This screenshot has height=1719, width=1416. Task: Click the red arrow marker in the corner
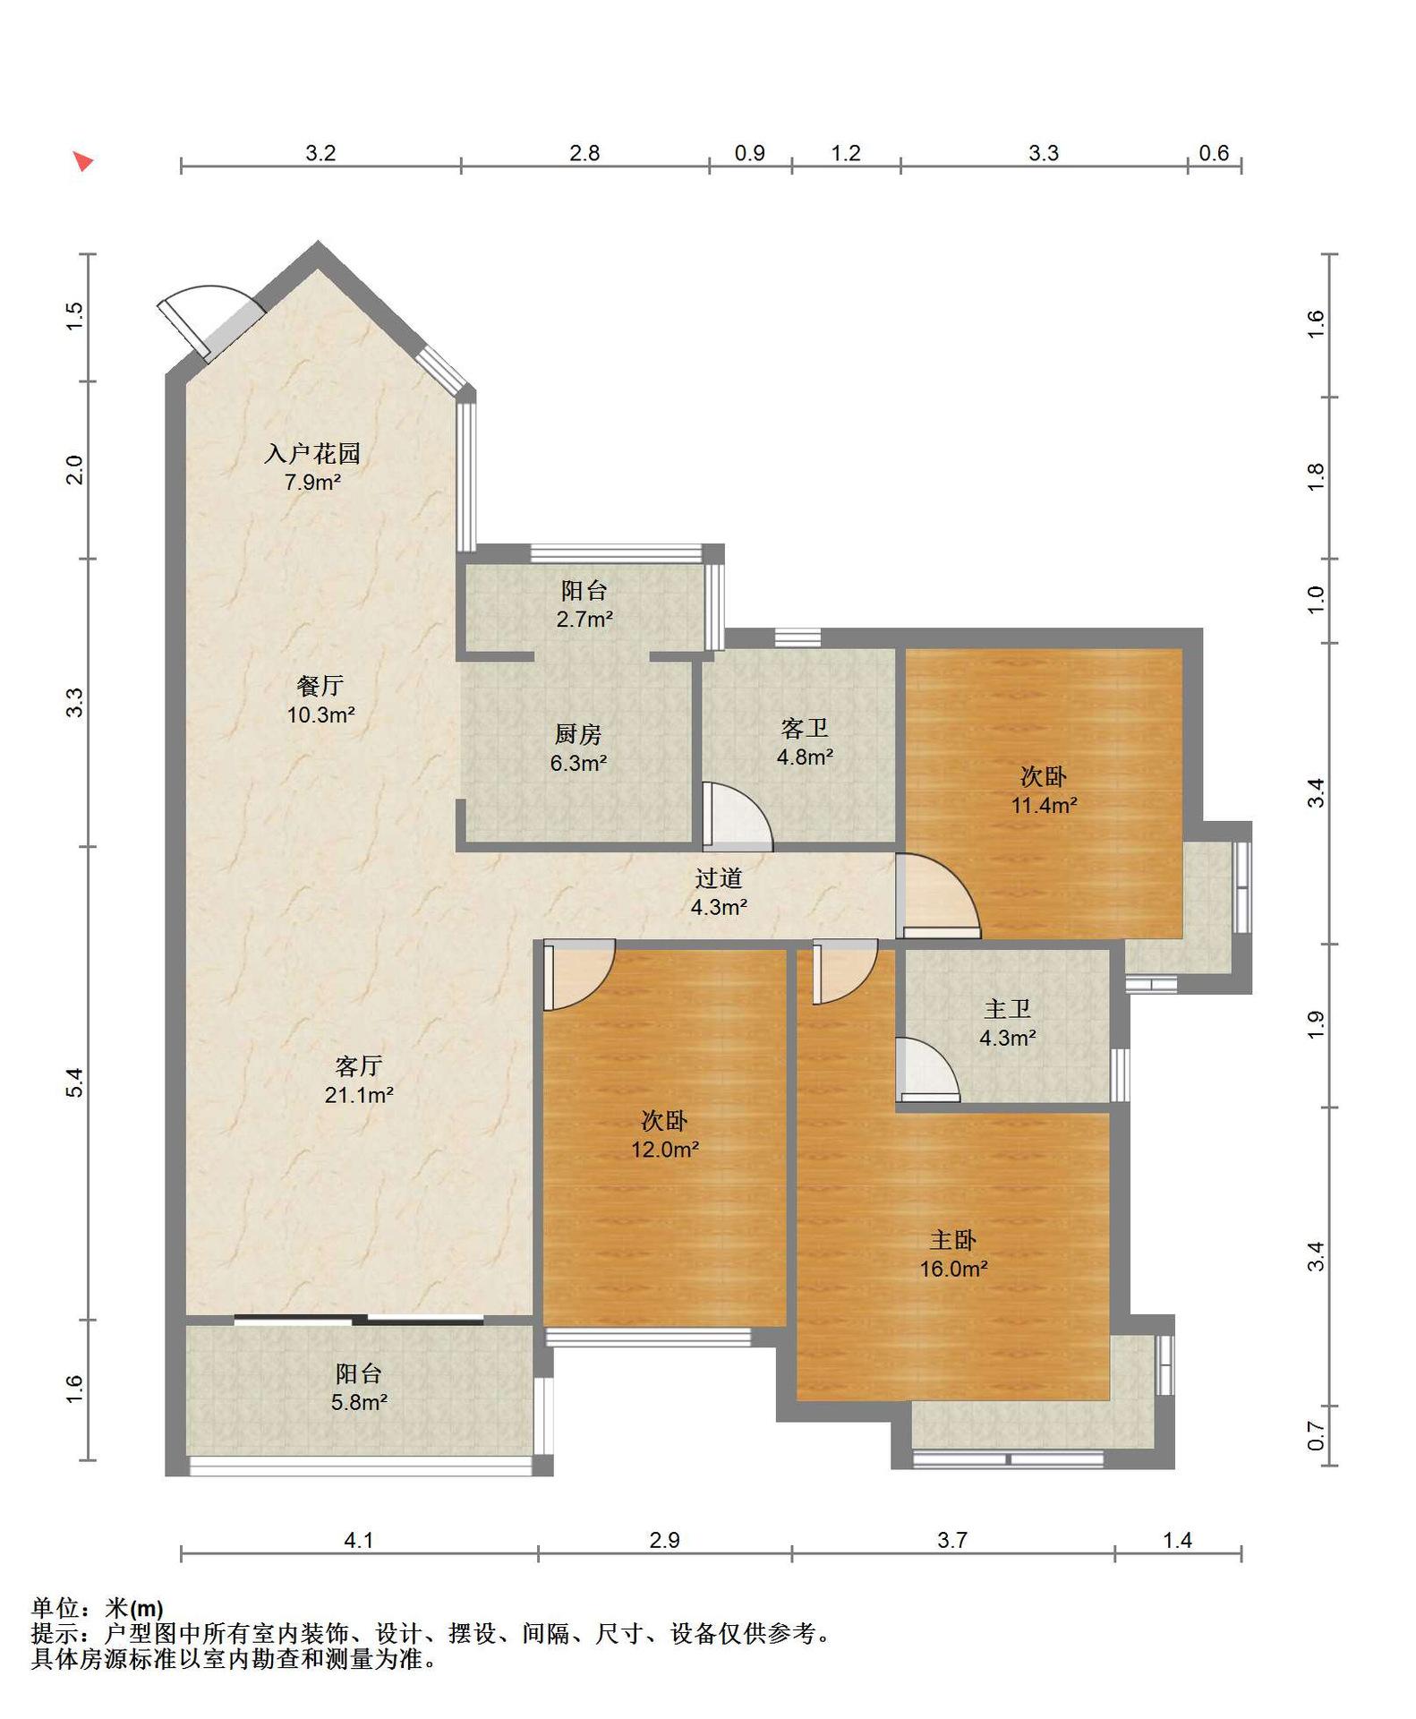click(x=83, y=161)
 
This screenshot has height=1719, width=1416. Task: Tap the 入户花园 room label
click(x=312, y=453)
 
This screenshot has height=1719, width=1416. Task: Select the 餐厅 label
click(x=320, y=686)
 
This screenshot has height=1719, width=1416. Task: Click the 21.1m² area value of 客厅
click(x=359, y=1094)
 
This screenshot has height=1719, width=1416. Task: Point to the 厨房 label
click(x=578, y=734)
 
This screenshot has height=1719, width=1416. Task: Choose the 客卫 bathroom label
click(x=805, y=728)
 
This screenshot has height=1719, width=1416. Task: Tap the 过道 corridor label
click(x=719, y=878)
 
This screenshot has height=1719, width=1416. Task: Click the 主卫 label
click(x=1008, y=1009)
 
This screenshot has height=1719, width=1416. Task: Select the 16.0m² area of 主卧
click(x=953, y=1269)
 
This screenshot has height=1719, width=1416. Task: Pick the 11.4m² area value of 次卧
click(x=1044, y=805)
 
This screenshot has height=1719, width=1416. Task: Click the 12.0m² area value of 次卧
click(x=664, y=1149)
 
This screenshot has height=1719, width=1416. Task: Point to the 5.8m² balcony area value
click(x=359, y=1402)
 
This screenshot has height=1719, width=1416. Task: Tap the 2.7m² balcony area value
click(x=584, y=619)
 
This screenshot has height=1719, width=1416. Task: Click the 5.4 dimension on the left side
click(x=75, y=1082)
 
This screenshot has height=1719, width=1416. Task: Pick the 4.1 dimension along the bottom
click(x=359, y=1540)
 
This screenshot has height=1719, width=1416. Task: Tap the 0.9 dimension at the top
click(x=750, y=153)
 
